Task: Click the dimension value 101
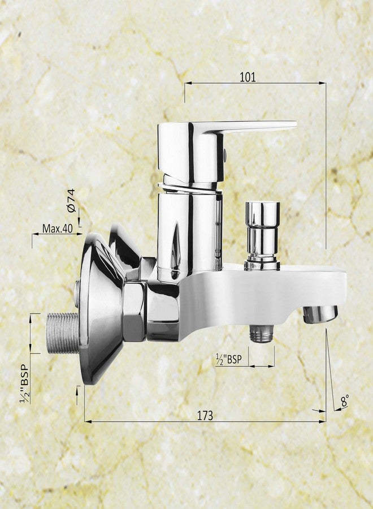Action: tap(248, 77)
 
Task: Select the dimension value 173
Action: tap(205, 415)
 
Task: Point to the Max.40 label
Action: tap(58, 229)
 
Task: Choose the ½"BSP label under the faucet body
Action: tap(231, 359)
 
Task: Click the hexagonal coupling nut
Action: tap(134, 312)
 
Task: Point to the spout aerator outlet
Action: tap(320, 314)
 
